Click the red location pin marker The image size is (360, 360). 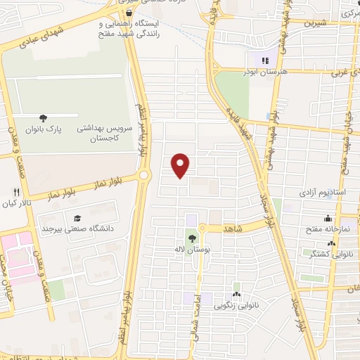[x=181, y=165]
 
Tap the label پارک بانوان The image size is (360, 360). [x=60, y=129]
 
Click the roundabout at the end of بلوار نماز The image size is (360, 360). [x=144, y=174]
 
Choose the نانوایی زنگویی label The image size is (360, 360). [x=237, y=305]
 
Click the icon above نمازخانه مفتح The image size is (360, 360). [x=328, y=219]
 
